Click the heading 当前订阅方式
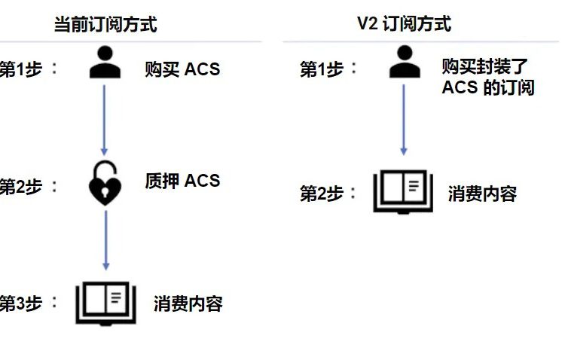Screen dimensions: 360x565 [105, 24]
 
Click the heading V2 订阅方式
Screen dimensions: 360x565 [404, 23]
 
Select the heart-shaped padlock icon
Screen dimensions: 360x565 [105, 182]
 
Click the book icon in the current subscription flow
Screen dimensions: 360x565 [105, 303]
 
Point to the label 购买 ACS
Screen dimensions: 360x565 [182, 69]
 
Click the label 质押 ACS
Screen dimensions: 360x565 [182, 181]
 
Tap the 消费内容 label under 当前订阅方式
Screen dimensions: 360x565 [188, 304]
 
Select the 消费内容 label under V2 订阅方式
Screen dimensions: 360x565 [482, 194]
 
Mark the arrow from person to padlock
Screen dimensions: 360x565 [105, 121]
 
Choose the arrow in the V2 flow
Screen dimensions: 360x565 [404, 121]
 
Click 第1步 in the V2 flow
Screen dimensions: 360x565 [322, 69]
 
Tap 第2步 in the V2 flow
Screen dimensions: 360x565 [322, 194]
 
